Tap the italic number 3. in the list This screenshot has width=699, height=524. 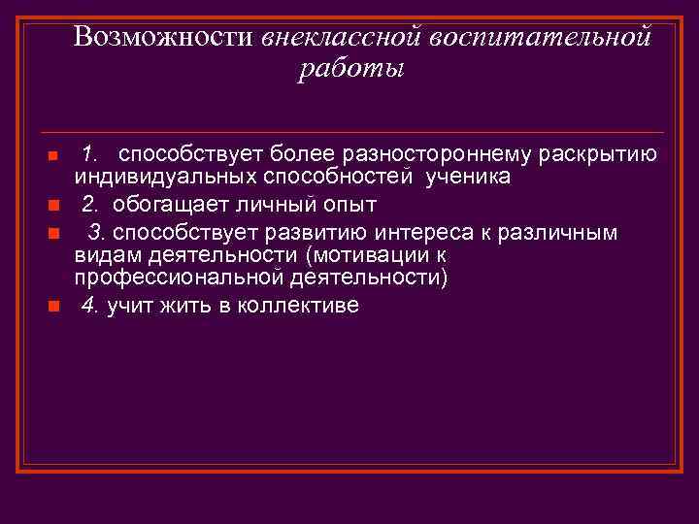(98, 233)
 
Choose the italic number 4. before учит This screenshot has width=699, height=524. (90, 306)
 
